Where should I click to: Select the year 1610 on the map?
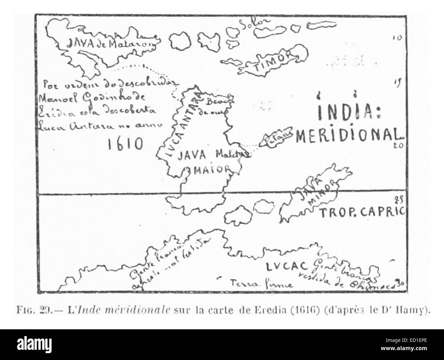pyautogui.click(x=125, y=144)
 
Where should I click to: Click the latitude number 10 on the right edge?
pyautogui.click(x=397, y=38)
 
